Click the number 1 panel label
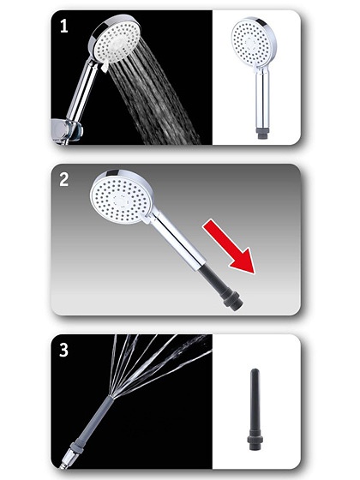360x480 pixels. [x=63, y=26]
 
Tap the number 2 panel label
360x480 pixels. [x=63, y=179]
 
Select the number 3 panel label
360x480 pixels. [x=63, y=350]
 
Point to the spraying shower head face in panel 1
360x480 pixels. [x=115, y=41]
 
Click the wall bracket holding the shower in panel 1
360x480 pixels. [x=67, y=131]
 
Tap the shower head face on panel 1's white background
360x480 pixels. [x=251, y=42]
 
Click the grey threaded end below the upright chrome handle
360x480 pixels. [x=262, y=133]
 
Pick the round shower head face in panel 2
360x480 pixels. [x=120, y=197]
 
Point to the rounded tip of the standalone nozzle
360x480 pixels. [x=255, y=371]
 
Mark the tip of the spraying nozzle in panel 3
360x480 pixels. [x=111, y=397]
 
